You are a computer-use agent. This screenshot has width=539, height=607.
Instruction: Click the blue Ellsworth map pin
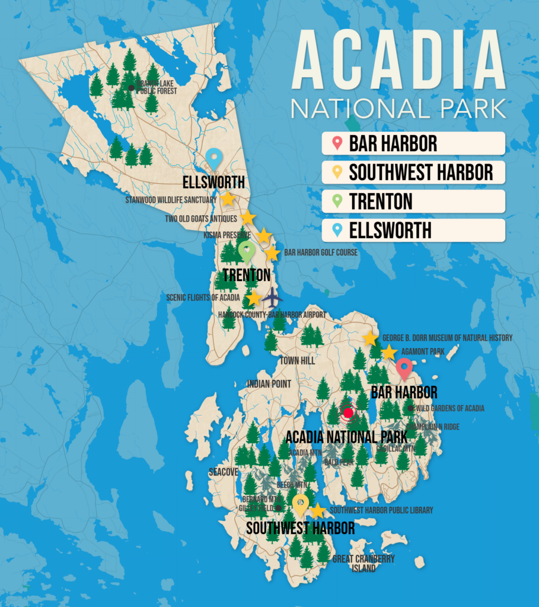(214, 158)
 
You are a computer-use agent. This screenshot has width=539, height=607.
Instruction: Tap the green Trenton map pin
(246, 251)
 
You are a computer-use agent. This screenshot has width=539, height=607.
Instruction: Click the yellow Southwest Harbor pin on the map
(300, 504)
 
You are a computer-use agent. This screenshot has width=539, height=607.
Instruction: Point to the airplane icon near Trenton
(272, 296)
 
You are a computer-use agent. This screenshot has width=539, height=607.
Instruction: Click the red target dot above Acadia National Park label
(348, 413)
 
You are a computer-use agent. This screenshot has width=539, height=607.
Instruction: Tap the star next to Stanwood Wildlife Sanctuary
(228, 199)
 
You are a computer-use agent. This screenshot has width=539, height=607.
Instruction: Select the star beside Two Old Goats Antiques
(248, 218)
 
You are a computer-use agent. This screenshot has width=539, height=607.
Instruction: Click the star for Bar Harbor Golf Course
(272, 254)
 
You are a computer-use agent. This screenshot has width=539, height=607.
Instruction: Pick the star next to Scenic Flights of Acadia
(253, 298)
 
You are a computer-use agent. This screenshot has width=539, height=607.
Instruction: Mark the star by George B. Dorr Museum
(370, 338)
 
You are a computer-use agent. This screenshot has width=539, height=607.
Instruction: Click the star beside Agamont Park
(388, 352)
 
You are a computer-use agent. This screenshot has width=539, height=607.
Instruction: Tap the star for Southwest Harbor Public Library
(318, 510)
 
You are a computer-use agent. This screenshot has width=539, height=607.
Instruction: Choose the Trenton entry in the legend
(413, 201)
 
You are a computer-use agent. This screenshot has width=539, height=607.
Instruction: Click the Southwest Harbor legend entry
(413, 172)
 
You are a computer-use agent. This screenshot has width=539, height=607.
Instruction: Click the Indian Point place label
(269, 384)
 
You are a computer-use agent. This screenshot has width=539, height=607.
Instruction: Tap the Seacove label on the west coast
(224, 472)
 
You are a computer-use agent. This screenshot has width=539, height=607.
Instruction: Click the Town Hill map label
(298, 360)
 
